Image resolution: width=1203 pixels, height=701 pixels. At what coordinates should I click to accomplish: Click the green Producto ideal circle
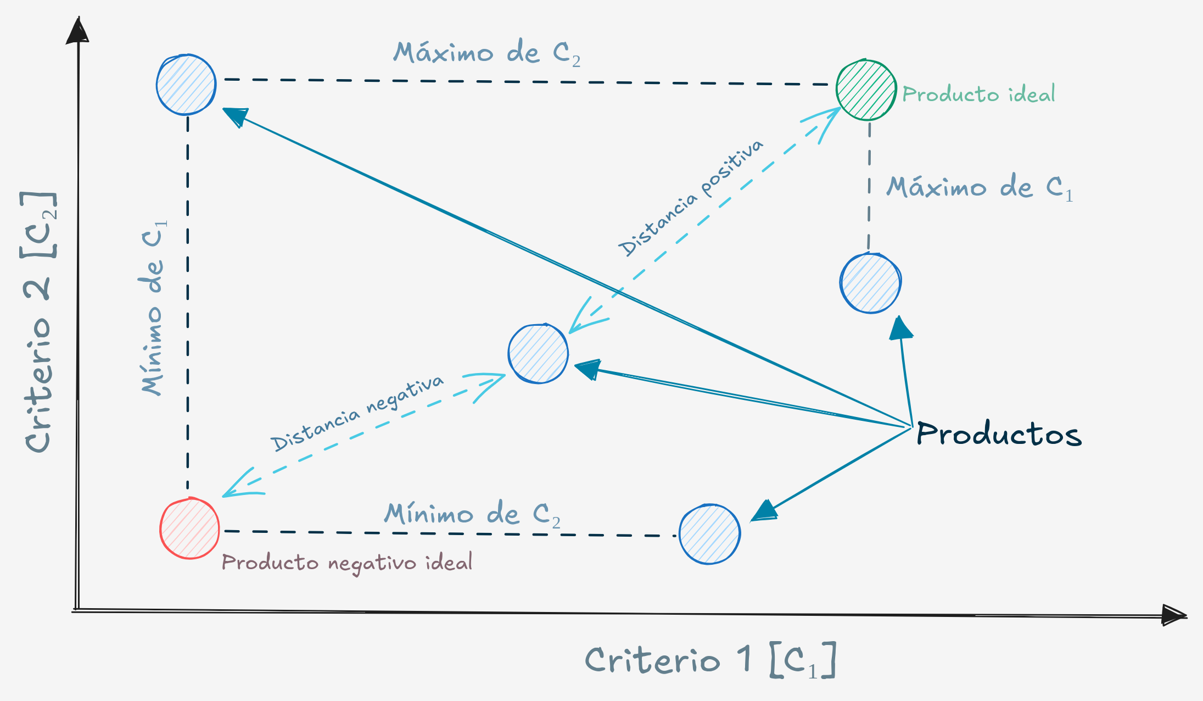(x=866, y=90)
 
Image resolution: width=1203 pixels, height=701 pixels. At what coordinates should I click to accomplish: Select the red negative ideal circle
(x=189, y=528)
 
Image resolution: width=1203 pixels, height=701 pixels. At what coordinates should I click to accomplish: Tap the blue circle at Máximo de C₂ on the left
(x=186, y=85)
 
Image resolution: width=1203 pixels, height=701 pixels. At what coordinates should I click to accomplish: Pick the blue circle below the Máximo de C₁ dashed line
(x=870, y=283)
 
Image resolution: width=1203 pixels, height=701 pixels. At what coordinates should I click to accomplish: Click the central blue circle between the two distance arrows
(x=538, y=354)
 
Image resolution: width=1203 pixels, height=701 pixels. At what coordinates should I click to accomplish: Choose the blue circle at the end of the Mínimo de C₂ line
(x=709, y=534)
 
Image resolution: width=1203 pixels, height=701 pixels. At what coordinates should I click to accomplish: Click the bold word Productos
(x=999, y=434)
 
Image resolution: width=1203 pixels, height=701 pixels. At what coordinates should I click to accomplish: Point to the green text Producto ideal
(x=978, y=94)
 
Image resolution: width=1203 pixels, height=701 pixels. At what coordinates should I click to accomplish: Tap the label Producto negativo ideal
(x=347, y=563)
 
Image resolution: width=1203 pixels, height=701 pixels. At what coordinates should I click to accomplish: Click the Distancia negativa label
(x=357, y=413)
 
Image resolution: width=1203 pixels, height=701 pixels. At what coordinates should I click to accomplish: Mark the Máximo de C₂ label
(x=486, y=54)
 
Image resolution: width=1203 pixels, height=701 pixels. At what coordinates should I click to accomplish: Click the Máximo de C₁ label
(x=980, y=188)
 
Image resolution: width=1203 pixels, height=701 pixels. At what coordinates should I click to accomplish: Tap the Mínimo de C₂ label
(x=472, y=515)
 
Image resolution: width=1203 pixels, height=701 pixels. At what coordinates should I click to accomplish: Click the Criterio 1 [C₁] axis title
(x=710, y=660)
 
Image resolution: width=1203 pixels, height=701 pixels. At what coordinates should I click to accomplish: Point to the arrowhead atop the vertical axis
(x=78, y=31)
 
